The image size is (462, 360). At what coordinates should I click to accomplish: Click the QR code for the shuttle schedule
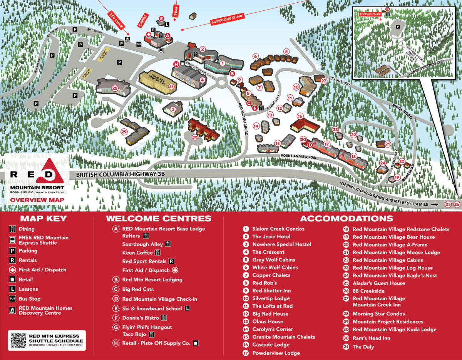(x=18, y=340)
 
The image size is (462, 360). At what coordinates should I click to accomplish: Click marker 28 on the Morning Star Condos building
(x=115, y=88)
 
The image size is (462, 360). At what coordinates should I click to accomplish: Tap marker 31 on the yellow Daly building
(x=171, y=87)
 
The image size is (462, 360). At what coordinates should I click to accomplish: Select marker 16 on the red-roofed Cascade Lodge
(x=300, y=116)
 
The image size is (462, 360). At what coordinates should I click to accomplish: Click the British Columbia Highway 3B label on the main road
(x=120, y=174)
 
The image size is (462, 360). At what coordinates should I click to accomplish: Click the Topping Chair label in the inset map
(x=370, y=14)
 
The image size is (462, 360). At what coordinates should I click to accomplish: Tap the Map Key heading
(x=43, y=219)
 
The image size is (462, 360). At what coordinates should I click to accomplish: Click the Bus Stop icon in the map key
(x=12, y=299)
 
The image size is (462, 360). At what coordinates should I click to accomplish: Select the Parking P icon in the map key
(x=12, y=251)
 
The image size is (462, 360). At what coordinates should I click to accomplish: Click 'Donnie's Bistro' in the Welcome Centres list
(x=140, y=318)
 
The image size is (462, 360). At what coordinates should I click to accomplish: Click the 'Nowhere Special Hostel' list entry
(x=281, y=244)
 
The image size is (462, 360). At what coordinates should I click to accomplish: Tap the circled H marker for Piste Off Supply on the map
(x=176, y=64)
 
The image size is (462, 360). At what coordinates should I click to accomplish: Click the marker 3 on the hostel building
(x=173, y=109)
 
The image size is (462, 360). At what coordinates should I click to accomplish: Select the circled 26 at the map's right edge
(x=457, y=204)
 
